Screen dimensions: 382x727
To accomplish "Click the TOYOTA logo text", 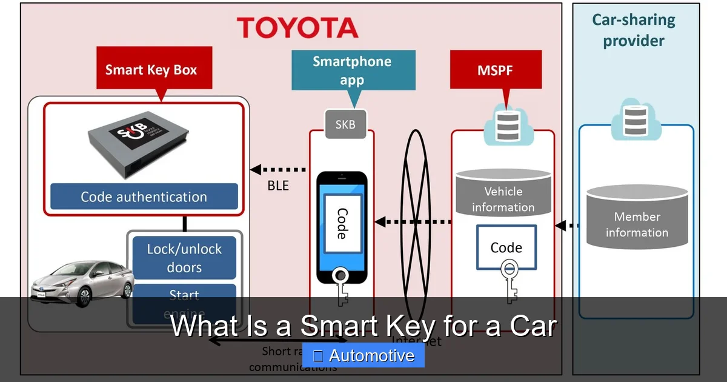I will tap(297, 28).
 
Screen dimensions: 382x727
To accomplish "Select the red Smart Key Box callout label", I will tap(151, 70).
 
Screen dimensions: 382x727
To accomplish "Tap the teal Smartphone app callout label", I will tap(353, 70).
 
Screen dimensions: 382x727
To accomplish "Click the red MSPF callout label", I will tap(496, 70).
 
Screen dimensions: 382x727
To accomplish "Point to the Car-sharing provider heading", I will tap(633, 30).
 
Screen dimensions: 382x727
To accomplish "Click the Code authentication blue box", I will tap(144, 197).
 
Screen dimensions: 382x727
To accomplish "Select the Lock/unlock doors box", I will tap(184, 258).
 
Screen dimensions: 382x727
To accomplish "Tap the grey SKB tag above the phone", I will tap(345, 124).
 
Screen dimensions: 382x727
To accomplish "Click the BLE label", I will tap(278, 186).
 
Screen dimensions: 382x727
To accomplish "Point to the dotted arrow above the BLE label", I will tap(279, 170).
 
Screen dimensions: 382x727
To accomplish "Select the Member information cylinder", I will tap(637, 218).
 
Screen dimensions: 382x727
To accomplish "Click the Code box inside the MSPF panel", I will tap(506, 247).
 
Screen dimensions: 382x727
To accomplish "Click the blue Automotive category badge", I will tap(363, 356).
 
